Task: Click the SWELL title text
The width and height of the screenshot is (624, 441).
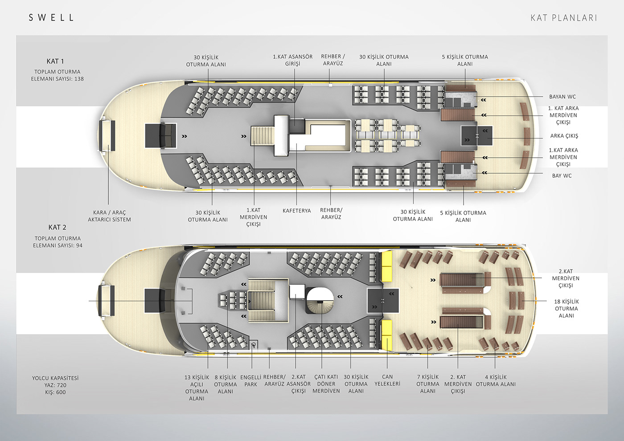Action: [51, 18]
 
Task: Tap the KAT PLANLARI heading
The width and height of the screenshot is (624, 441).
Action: [563, 18]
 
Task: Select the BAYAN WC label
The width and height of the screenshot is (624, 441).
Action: [562, 97]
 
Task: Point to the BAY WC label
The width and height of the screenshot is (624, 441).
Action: [562, 176]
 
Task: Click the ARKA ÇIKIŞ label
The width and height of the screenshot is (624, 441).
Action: [564, 136]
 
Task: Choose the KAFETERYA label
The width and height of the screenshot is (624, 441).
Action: [296, 211]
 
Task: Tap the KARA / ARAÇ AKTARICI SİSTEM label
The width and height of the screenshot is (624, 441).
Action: [109, 216]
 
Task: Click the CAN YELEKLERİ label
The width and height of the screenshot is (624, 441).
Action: [387, 380]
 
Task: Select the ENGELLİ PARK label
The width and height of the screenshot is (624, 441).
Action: [251, 381]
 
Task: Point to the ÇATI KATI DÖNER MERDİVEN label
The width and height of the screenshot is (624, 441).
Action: [326, 384]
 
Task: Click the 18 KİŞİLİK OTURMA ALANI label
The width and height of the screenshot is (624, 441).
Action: [566, 309]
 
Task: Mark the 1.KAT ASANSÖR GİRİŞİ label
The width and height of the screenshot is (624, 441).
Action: [293, 60]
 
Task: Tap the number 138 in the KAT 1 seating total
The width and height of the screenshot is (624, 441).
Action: [79, 79]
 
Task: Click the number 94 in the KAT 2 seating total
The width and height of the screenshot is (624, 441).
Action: [79, 245]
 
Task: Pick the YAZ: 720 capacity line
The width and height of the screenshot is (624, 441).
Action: [55, 385]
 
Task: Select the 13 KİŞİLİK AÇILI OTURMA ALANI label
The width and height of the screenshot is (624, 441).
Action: [197, 388]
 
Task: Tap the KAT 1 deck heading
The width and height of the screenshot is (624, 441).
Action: [55, 61]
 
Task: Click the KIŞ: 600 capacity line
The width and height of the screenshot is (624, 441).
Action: [55, 392]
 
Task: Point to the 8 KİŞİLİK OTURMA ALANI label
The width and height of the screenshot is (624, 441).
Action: [226, 384]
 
